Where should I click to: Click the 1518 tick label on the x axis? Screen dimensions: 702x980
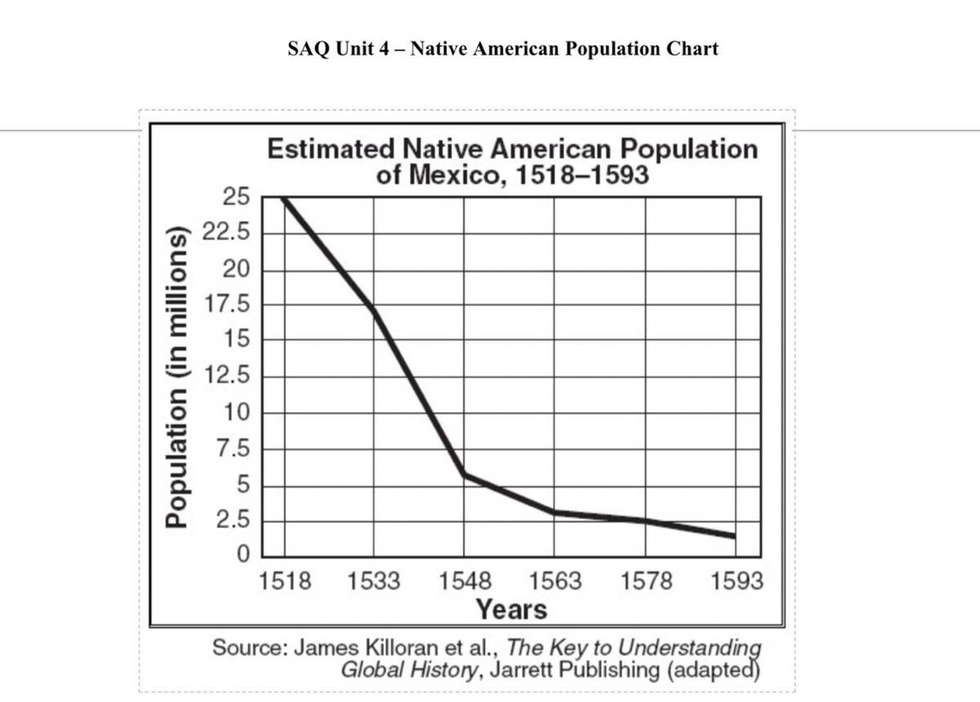tap(284, 581)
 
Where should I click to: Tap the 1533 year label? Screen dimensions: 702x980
tap(374, 581)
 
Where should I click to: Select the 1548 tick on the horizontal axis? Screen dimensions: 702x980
tap(465, 581)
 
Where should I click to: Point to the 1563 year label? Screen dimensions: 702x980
tap(555, 581)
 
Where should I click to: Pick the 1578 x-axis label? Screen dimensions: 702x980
tap(646, 581)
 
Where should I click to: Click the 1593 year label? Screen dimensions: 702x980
tap(737, 581)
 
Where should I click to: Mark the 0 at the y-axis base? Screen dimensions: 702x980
tap(243, 555)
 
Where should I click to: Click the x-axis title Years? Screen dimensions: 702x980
tap(511, 609)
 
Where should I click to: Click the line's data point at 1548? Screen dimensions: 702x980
tap(465, 474)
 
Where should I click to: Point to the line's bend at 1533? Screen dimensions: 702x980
tap(374, 311)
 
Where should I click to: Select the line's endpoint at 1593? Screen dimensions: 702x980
tap(734, 536)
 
